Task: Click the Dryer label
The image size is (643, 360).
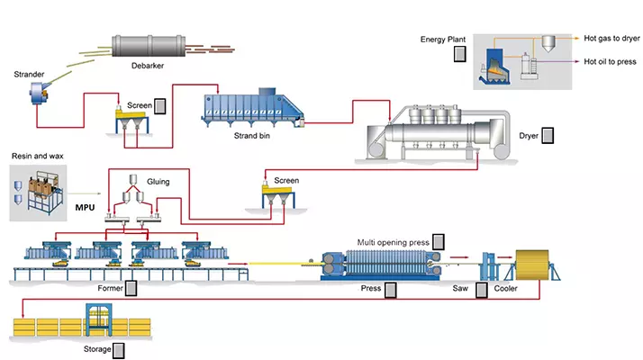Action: pyautogui.click(x=529, y=136)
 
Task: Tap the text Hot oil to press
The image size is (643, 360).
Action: pyautogui.click(x=611, y=62)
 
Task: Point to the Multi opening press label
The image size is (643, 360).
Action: pyautogui.click(x=392, y=242)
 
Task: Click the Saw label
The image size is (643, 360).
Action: pyautogui.click(x=460, y=290)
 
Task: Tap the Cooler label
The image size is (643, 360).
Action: pyautogui.click(x=506, y=290)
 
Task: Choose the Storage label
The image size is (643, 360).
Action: pyautogui.click(x=96, y=349)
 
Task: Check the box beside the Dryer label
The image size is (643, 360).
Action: pyautogui.click(x=548, y=136)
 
